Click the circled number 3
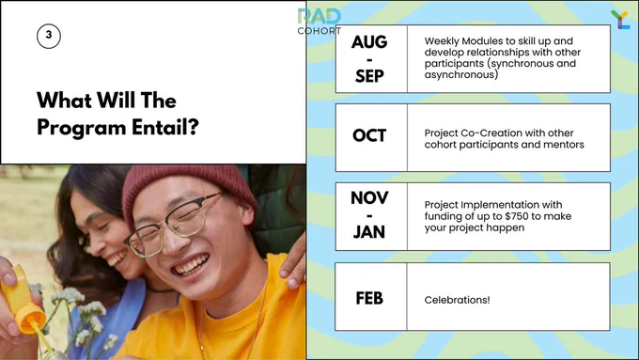pyautogui.click(x=49, y=36)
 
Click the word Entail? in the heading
pyautogui.click(x=165, y=127)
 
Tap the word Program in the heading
pyautogui.click(x=82, y=128)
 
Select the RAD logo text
pyautogui.click(x=319, y=17)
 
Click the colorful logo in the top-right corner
pyautogui.click(x=620, y=20)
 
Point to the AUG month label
pyautogui.click(x=369, y=42)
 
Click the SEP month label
pyautogui.click(x=369, y=76)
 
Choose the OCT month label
pyautogui.click(x=369, y=135)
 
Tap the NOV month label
pyautogui.click(x=369, y=198)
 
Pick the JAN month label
pyautogui.click(x=369, y=232)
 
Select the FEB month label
pyautogui.click(x=369, y=298)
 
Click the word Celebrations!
pyautogui.click(x=457, y=300)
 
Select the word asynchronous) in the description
pyautogui.click(x=461, y=75)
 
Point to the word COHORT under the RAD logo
pyautogui.click(x=319, y=31)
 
